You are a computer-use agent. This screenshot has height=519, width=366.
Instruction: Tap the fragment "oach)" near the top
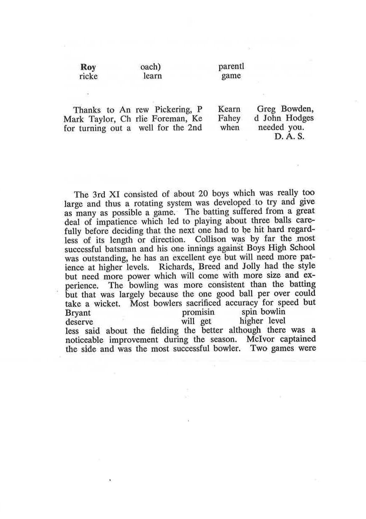151,67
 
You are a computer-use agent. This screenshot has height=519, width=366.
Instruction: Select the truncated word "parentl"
231,67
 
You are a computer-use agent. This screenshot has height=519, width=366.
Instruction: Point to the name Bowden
298,109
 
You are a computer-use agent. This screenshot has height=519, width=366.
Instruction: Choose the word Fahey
229,118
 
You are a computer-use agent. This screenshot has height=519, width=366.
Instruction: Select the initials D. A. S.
289,136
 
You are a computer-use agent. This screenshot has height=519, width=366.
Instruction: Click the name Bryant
78,313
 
